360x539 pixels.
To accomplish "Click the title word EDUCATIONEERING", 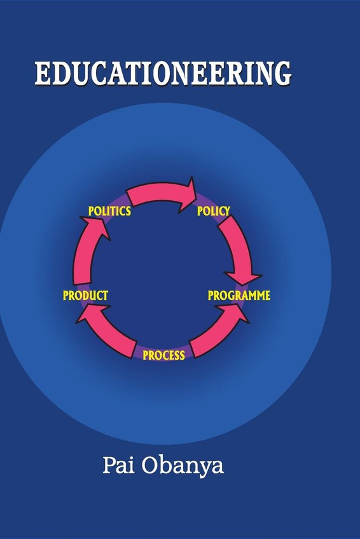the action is coord(163,73).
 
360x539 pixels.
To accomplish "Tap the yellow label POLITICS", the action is coord(109,211).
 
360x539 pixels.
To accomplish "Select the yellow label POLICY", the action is coord(213,211).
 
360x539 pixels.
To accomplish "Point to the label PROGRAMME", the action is coord(239,296).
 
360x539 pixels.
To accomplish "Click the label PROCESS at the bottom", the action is coord(163,355).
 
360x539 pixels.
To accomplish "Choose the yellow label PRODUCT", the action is coord(85,296).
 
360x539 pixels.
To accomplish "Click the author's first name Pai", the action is coord(118,465).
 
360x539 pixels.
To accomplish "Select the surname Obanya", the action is coord(183,467).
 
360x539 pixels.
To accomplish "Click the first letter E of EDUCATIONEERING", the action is coord(43,73).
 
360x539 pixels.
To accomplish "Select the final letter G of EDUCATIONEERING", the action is coord(281,73).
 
